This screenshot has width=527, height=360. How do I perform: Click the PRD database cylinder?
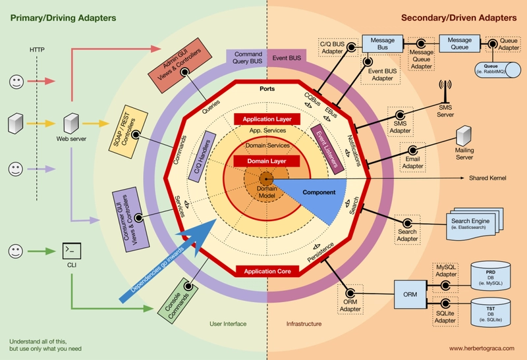[x=490, y=276]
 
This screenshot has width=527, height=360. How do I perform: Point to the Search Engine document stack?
[x=470, y=223]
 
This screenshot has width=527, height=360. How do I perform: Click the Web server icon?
[x=70, y=123]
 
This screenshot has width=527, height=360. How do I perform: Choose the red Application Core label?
[x=267, y=271]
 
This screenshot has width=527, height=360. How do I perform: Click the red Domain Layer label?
[x=266, y=161]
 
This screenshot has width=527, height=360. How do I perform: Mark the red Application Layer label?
[x=267, y=119]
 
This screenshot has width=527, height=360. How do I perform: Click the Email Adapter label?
[x=412, y=163]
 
